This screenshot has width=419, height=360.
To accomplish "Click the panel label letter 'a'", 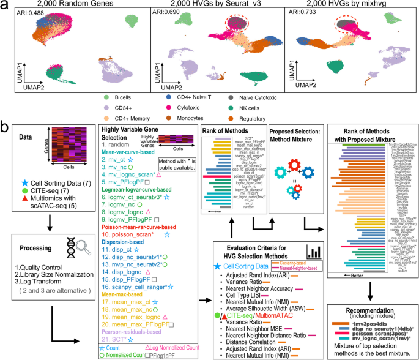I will point(4,5).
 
